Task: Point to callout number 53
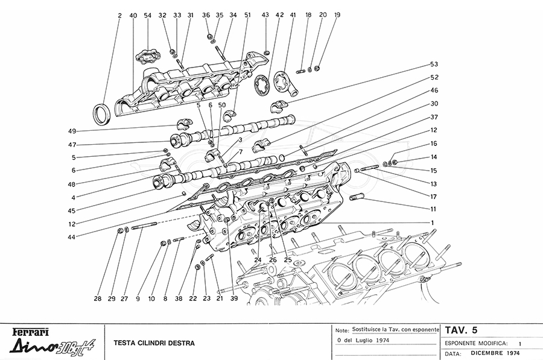click(x=433, y=64)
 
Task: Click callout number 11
click(x=433, y=209)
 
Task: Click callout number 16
click(x=433, y=144)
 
